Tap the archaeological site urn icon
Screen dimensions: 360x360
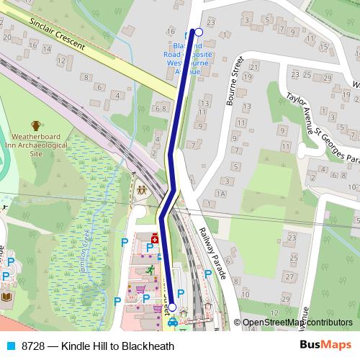[37, 127]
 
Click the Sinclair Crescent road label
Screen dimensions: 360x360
[58, 35]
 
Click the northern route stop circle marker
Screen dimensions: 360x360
[199, 32]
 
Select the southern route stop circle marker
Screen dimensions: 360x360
[172, 307]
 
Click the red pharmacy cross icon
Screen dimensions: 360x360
[154, 238]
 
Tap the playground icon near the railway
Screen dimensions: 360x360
[141, 191]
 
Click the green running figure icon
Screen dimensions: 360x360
[150, 270]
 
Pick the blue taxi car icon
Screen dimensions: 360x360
[172, 323]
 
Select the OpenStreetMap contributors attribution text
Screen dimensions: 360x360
[298, 323]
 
